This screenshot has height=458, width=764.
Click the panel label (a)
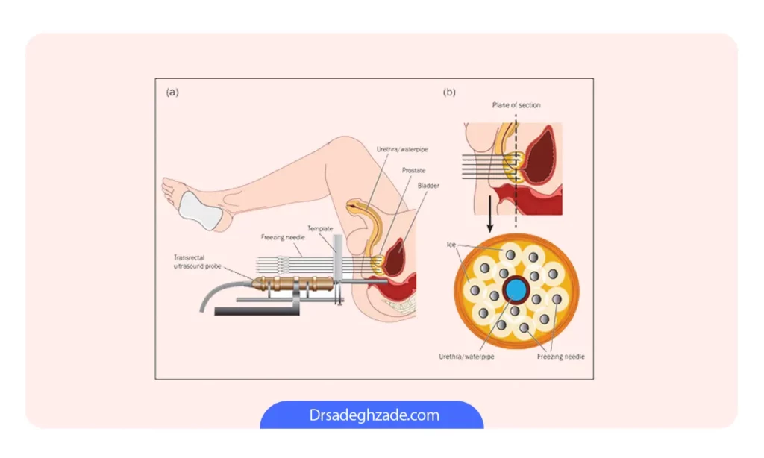pyautogui.click(x=172, y=92)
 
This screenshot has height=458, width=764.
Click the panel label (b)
pyautogui.click(x=449, y=92)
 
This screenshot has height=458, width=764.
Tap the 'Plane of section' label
pyautogui.click(x=516, y=105)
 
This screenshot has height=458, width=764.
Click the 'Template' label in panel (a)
pyautogui.click(x=320, y=228)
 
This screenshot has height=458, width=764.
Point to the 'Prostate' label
pyautogui.click(x=413, y=171)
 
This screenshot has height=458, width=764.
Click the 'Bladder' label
pyautogui.click(x=428, y=186)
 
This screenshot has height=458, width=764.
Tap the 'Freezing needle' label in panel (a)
pyautogui.click(x=283, y=238)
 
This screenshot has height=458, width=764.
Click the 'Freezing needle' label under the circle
pyautogui.click(x=560, y=357)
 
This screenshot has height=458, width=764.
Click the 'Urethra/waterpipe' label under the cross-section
pyautogui.click(x=466, y=357)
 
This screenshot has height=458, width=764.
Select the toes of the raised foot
pyautogui.click(x=167, y=186)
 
